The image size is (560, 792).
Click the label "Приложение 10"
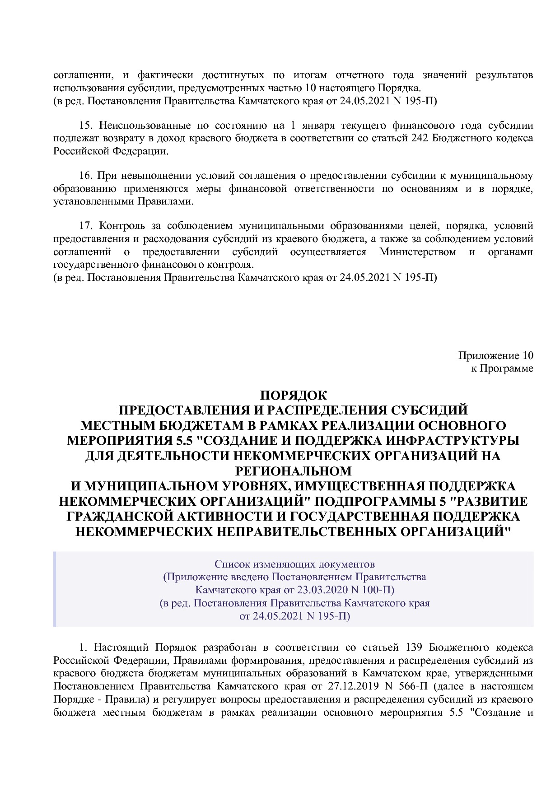click(x=495, y=355)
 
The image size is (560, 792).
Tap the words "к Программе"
click(x=502, y=368)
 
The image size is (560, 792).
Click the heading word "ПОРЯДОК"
click(x=293, y=396)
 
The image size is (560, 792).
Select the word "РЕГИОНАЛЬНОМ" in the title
click(x=293, y=471)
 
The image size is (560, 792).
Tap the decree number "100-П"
click(x=378, y=590)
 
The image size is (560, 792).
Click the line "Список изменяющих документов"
click(x=294, y=564)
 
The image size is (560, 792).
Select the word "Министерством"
click(x=418, y=252)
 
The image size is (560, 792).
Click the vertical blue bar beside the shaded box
click(x=55, y=589)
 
